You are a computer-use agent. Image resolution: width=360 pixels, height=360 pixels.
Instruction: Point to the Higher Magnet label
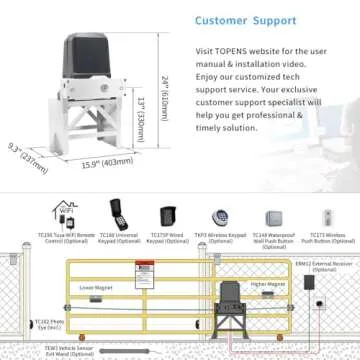pos(271,284)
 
